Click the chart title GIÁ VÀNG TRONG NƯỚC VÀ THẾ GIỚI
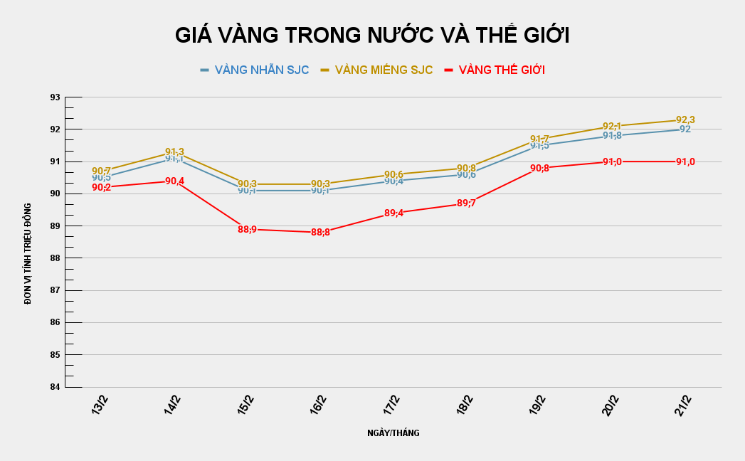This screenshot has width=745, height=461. click(372, 36)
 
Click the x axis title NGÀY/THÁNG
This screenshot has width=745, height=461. click(393, 433)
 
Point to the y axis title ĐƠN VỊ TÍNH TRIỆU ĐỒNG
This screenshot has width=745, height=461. click(28, 253)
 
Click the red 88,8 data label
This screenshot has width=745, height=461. click(320, 233)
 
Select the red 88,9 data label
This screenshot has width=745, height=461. click(247, 229)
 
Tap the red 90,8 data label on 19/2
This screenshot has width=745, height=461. click(539, 169)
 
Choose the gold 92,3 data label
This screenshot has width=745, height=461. click(685, 120)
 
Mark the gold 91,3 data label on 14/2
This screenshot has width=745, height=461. click(174, 152)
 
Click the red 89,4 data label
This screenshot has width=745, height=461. click(393, 213)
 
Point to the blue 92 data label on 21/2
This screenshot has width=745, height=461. click(685, 129)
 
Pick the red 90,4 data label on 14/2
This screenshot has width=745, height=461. click(174, 181)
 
